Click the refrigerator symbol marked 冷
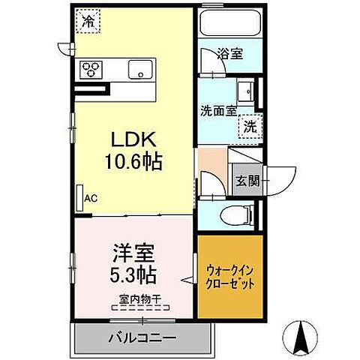click(89, 20)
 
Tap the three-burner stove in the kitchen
click(92, 70)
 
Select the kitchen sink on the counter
click(139, 70)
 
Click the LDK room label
click(135, 140)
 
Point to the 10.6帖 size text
click(135, 160)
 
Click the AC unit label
click(91, 199)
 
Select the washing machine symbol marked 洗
click(251, 126)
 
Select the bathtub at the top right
click(230, 25)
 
